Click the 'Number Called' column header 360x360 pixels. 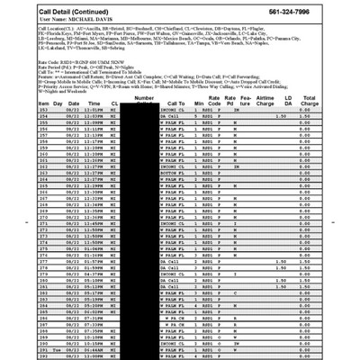pyautogui.click(x=144, y=99)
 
